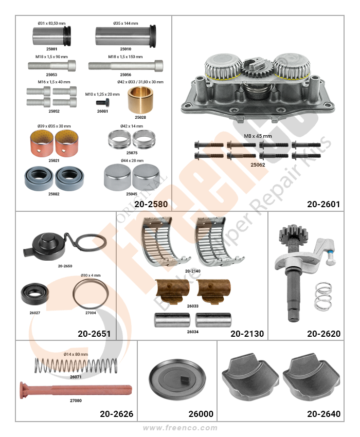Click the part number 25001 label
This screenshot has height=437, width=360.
51,49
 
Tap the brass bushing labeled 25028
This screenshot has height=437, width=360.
140,100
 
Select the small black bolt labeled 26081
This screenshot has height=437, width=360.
103,102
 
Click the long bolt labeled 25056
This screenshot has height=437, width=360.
126,66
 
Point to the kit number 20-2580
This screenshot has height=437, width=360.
151,204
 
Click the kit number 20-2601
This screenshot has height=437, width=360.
323,204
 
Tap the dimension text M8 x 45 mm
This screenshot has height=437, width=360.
258,136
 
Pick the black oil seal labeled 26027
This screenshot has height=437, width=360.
35,294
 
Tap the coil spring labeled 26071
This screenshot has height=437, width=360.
76,366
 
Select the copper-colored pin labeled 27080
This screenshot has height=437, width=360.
76,390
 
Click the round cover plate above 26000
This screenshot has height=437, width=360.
177,378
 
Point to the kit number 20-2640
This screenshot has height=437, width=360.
323,413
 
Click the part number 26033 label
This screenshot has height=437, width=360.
192,306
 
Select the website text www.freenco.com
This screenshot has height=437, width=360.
180,428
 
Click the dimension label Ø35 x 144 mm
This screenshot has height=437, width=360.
125,24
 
